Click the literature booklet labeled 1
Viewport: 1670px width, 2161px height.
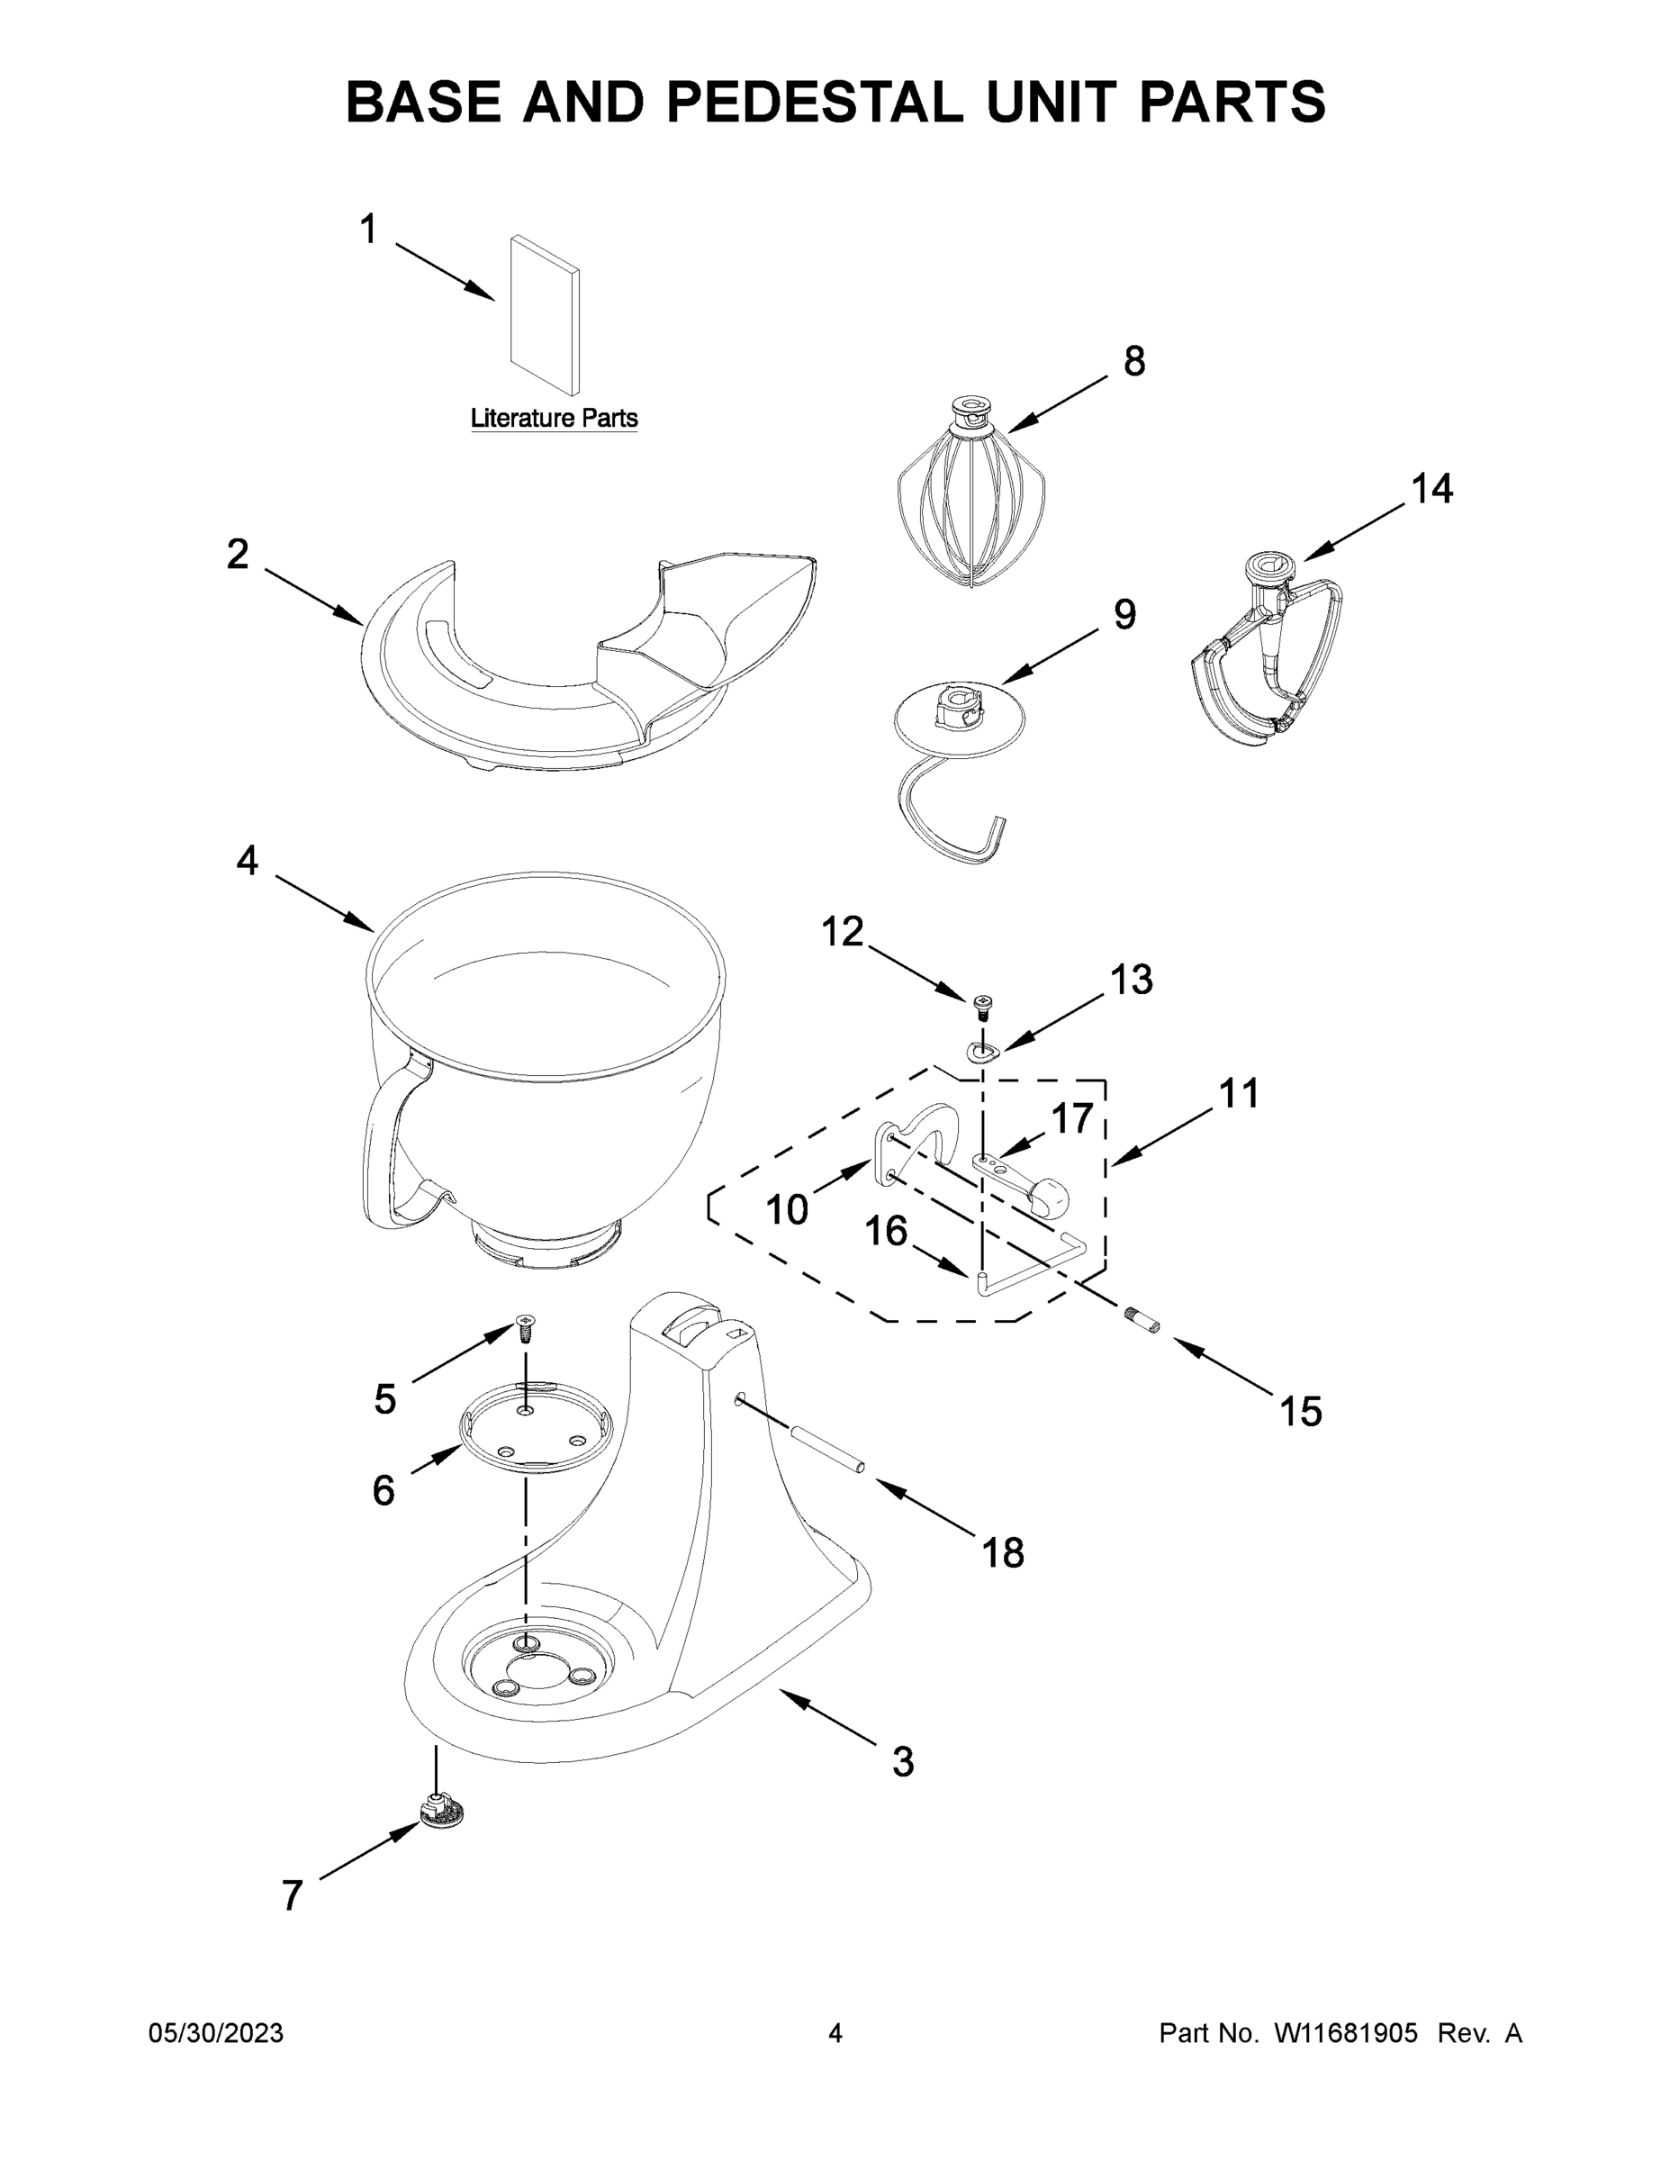pyautogui.click(x=544, y=314)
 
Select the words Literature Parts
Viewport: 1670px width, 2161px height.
pyautogui.click(x=553, y=419)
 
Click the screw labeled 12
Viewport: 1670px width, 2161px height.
pyautogui.click(x=983, y=1008)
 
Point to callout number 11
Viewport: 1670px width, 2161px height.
pyautogui.click(x=1239, y=1093)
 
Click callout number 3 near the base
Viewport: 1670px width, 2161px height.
pyautogui.click(x=902, y=1762)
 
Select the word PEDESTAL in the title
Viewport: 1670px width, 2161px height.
pyautogui.click(x=814, y=102)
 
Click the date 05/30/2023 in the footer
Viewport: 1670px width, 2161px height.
pyautogui.click(x=216, y=2033)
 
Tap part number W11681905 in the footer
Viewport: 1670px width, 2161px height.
pyautogui.click(x=1346, y=2033)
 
